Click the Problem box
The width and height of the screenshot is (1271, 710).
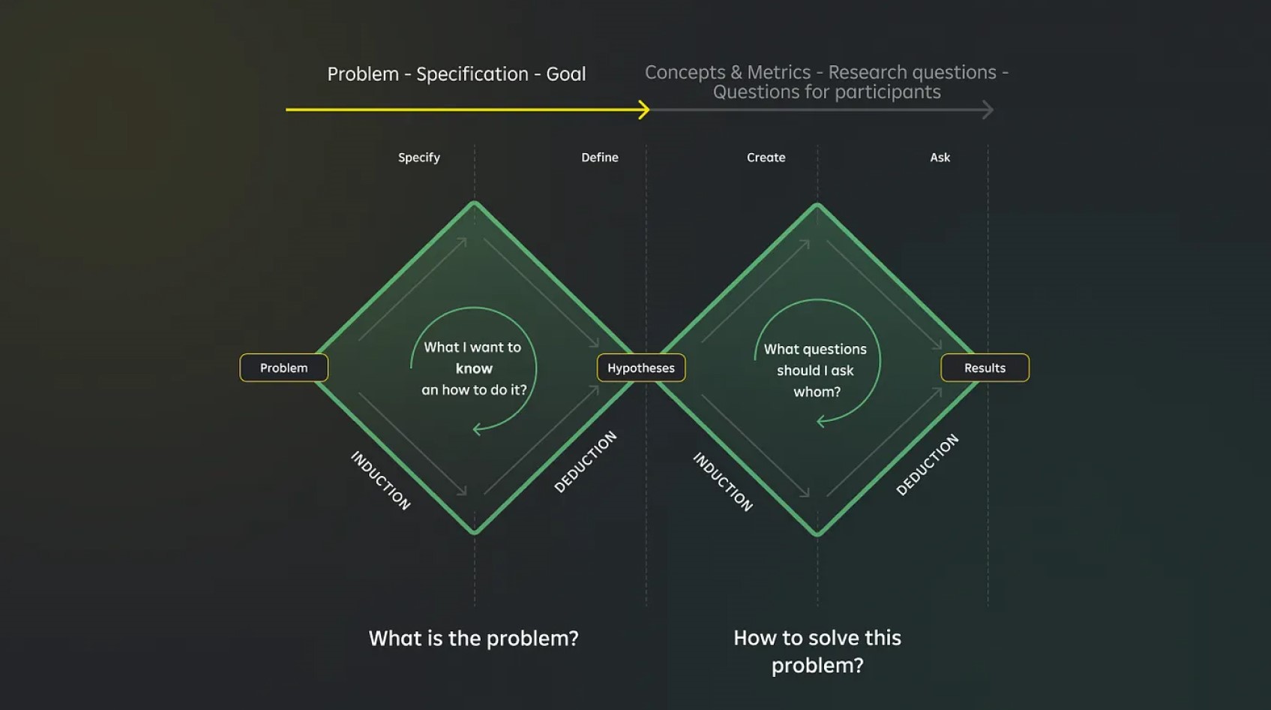pyautogui.click(x=283, y=368)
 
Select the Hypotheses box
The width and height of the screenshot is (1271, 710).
pyautogui.click(x=641, y=368)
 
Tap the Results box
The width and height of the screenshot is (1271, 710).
pyautogui.click(x=985, y=368)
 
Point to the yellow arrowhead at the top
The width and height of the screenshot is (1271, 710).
pyautogui.click(x=644, y=110)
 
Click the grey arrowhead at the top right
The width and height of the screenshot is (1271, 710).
pyautogui.click(x=988, y=110)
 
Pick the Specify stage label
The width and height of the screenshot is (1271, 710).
pyautogui.click(x=418, y=158)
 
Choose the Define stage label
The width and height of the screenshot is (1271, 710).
pyautogui.click(x=600, y=158)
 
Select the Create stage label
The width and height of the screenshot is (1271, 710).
pyautogui.click(x=766, y=158)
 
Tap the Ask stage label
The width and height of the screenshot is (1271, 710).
pyautogui.click(x=940, y=158)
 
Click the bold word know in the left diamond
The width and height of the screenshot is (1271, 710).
pyautogui.click(x=474, y=369)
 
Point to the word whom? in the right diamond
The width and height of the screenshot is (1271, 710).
pyautogui.click(x=817, y=392)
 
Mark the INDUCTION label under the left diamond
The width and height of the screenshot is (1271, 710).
pyautogui.click(x=381, y=480)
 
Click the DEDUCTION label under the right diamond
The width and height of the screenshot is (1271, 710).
pyautogui.click(x=928, y=465)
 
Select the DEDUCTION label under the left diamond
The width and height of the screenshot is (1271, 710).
pyautogui.click(x=586, y=462)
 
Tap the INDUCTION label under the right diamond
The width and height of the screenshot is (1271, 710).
pyautogui.click(x=723, y=482)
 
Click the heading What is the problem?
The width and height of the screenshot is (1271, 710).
pyautogui.click(x=473, y=638)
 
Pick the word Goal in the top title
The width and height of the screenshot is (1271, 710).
pyautogui.click(x=565, y=74)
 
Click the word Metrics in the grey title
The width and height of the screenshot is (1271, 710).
pyautogui.click(x=778, y=72)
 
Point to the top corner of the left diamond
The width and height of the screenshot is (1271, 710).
pyautogui.click(x=474, y=203)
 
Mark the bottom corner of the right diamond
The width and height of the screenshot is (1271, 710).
pyautogui.click(x=817, y=534)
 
